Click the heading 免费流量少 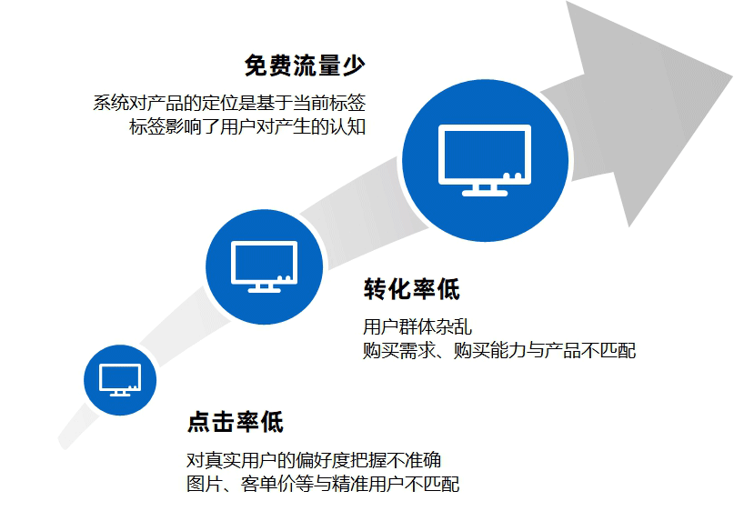pos(304,66)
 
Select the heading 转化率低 pos(411,290)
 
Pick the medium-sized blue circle pos(265,266)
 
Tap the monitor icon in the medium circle pos(265,264)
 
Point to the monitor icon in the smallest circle pos(120,378)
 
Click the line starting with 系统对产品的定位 pos(229,102)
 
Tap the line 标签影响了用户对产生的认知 pos(247,126)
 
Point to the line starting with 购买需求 pos(499,351)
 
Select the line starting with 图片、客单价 pos(322,484)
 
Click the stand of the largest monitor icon pos(485,189)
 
